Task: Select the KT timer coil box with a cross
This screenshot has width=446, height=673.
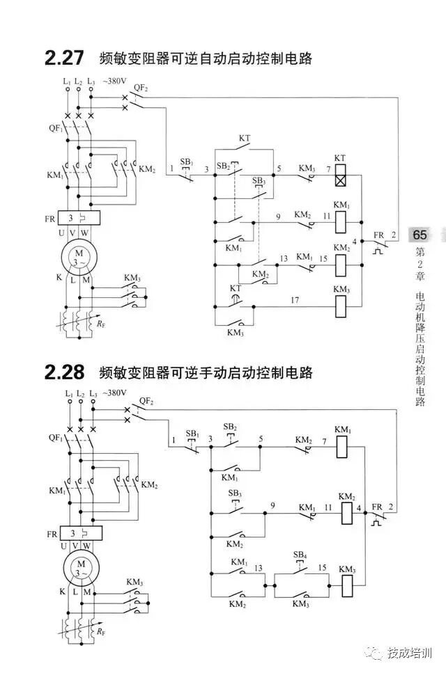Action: [340, 179]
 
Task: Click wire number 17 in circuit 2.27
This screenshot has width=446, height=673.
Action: [294, 300]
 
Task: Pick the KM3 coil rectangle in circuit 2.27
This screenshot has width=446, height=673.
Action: [341, 304]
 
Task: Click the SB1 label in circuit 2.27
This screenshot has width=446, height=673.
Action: [186, 161]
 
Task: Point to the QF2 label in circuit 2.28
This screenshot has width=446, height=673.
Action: [146, 401]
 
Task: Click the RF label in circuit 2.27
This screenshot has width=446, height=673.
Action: [102, 322]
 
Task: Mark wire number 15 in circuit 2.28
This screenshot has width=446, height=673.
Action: [322, 568]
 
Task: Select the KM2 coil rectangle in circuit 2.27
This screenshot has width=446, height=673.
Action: [341, 264]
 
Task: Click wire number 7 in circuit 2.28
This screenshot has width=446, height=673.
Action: [324, 441]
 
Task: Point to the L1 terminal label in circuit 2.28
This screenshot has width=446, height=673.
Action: [68, 394]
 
